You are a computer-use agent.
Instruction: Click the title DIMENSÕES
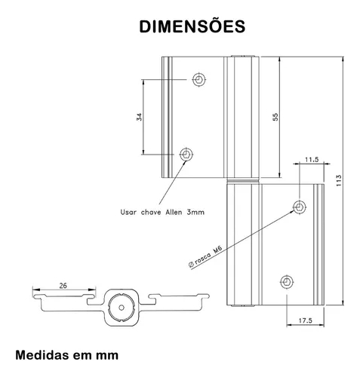coord(192,26)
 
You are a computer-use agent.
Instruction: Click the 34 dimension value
coord(139,117)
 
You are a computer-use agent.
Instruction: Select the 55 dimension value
coord(275,117)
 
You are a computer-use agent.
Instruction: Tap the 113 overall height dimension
coord(339,180)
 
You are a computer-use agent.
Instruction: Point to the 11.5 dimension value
coord(312,160)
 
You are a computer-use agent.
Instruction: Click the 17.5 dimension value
coord(306,320)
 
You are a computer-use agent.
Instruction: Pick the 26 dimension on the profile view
coord(63,286)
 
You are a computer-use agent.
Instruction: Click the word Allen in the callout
coord(174,212)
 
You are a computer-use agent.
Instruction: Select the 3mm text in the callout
coord(195,212)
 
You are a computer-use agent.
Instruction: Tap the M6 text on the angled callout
coord(217,250)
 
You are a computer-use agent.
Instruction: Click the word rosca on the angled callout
coord(203,258)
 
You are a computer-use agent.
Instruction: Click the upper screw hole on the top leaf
coord(199,79)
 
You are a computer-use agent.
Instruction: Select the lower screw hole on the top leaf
coord(186,154)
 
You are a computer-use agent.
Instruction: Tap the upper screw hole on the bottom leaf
coord(300,207)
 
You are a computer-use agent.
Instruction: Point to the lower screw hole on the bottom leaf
coord(287,282)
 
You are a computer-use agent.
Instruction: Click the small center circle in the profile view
coord(122,308)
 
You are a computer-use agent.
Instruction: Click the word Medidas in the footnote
coord(42,355)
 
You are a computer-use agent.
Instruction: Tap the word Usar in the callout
coord(128,212)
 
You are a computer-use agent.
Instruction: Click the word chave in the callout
coord(151,212)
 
